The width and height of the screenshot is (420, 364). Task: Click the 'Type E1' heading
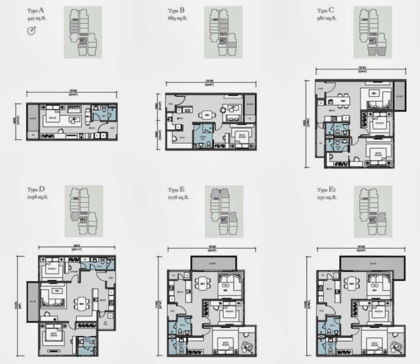pos(328,190)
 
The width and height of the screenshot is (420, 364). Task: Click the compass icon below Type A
pos(32,31)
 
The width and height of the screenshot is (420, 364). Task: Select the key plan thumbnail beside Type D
pos(83,210)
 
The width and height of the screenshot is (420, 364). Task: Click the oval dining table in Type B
pos(206,114)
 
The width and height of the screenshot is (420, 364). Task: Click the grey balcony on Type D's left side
pos(32,302)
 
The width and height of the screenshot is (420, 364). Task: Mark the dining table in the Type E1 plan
pos(351,283)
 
